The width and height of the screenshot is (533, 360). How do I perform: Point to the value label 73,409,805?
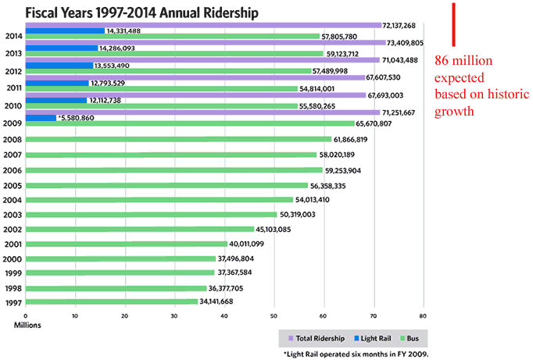point(406,42)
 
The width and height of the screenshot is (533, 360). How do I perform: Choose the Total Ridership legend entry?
point(317,338)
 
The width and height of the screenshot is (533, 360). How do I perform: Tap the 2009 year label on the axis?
point(13,123)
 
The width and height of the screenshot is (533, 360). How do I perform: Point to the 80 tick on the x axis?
point(423,316)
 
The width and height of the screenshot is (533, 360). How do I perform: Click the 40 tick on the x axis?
point(224,316)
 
